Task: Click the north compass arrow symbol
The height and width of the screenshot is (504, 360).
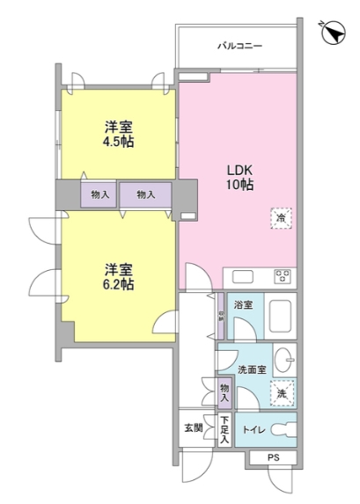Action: click(332, 33)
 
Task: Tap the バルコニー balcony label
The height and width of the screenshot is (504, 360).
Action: click(240, 46)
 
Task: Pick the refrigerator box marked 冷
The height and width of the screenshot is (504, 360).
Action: click(282, 218)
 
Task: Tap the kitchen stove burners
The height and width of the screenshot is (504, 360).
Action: click(284, 276)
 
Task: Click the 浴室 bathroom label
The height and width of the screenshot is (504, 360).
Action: click(243, 305)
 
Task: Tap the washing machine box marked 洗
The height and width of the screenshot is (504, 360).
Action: click(281, 392)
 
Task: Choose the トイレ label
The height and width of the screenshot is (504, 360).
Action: click(253, 429)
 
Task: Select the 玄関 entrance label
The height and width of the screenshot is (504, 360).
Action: click(193, 428)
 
